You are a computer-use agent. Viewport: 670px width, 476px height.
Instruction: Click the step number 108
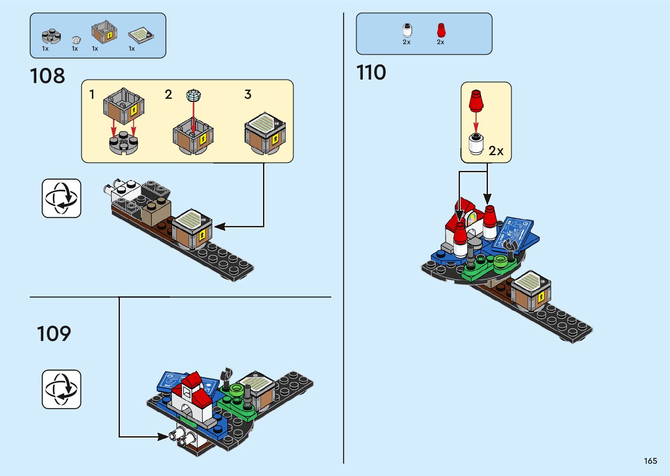pos(47,76)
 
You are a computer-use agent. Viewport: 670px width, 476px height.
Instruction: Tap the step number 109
pos(53,334)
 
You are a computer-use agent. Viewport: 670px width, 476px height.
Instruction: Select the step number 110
pos(371,73)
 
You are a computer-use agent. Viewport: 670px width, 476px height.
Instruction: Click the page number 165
pos(650,461)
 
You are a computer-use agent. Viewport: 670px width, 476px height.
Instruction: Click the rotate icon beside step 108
pos(61,198)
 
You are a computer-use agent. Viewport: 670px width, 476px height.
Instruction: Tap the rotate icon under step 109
pos(61,389)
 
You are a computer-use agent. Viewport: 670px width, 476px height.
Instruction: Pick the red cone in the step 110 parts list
pos(441,30)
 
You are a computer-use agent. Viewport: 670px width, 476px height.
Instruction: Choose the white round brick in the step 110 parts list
pos(407,30)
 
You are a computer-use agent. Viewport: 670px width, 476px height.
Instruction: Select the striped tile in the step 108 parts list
pos(141,35)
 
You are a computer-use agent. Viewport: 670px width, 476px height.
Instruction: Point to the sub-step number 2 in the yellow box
pos(168,94)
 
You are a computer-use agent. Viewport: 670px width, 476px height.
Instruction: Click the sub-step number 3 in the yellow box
pos(248,94)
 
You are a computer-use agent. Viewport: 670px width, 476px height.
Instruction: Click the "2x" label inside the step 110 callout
pos(496,151)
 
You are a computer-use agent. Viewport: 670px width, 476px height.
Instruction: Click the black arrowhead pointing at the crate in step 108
pos(219,226)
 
